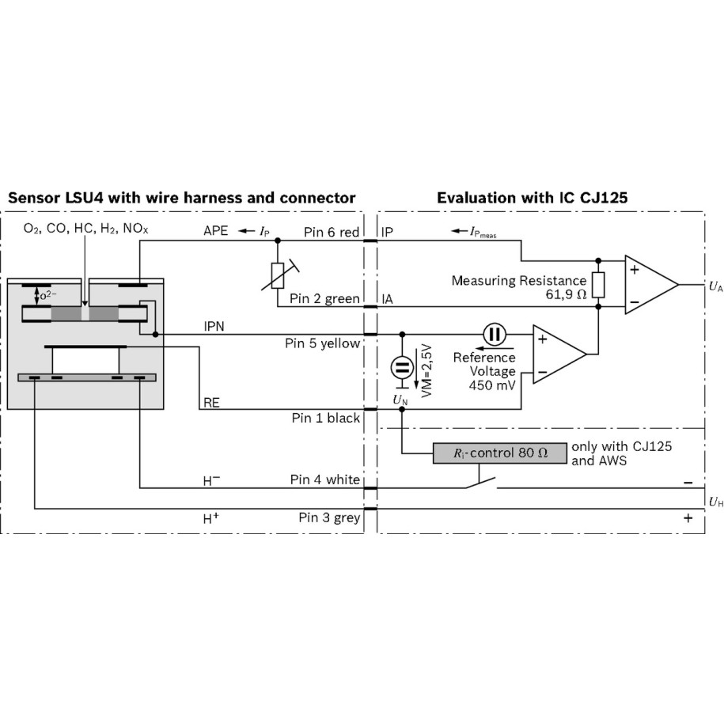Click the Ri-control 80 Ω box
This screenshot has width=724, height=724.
(500, 453)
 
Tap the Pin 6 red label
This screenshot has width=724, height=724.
(332, 232)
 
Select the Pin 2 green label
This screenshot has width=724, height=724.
(324, 299)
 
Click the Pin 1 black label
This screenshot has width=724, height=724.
(325, 418)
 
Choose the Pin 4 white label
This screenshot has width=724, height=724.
(325, 480)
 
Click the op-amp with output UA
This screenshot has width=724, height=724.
(650, 283)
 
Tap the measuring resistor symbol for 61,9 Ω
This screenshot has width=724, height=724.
(598, 283)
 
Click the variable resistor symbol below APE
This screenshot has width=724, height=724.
(278, 275)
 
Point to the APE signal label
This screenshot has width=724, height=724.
(216, 231)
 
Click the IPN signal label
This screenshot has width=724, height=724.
(214, 325)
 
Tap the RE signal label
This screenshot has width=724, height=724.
(211, 403)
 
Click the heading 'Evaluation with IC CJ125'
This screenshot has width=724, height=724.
(533, 198)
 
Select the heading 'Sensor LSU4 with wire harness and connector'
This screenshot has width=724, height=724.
(181, 198)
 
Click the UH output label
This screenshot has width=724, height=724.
(715, 501)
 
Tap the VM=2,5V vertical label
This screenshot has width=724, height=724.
(425, 370)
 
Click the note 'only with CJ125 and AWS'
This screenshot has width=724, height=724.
(621, 453)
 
